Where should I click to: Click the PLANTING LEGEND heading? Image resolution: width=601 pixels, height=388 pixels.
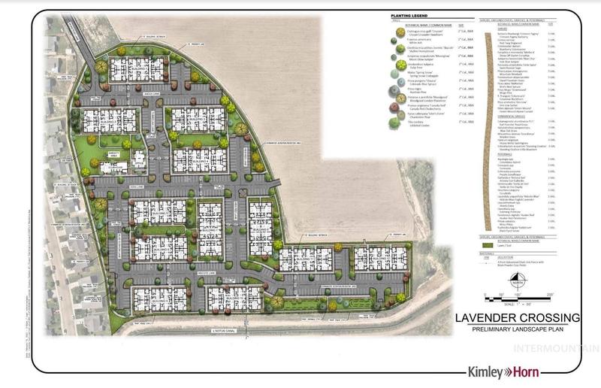pos(409,14)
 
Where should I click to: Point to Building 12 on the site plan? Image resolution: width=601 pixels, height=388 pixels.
pos(379,257)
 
